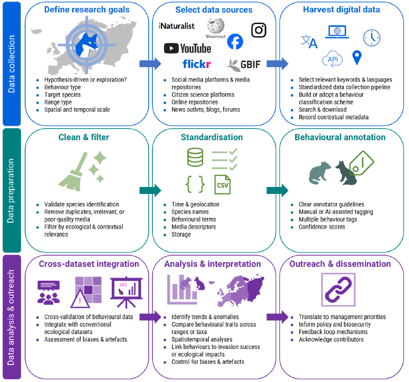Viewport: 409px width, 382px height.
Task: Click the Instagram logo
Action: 258,30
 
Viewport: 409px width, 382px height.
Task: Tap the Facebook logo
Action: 235,42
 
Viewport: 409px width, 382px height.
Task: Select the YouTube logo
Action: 187,48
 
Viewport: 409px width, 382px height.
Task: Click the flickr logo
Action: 197,64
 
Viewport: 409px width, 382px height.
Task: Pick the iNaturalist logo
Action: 177,26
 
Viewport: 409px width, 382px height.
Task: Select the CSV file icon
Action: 222,184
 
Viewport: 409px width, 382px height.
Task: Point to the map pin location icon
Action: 356,56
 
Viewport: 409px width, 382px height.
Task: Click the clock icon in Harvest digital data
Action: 371,37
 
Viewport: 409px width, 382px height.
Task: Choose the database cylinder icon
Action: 194,157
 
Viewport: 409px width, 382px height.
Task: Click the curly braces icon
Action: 195,184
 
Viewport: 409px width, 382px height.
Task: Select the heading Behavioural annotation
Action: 340,137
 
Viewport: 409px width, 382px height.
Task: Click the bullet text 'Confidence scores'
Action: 322,227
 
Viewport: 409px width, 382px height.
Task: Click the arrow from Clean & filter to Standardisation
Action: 150,190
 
